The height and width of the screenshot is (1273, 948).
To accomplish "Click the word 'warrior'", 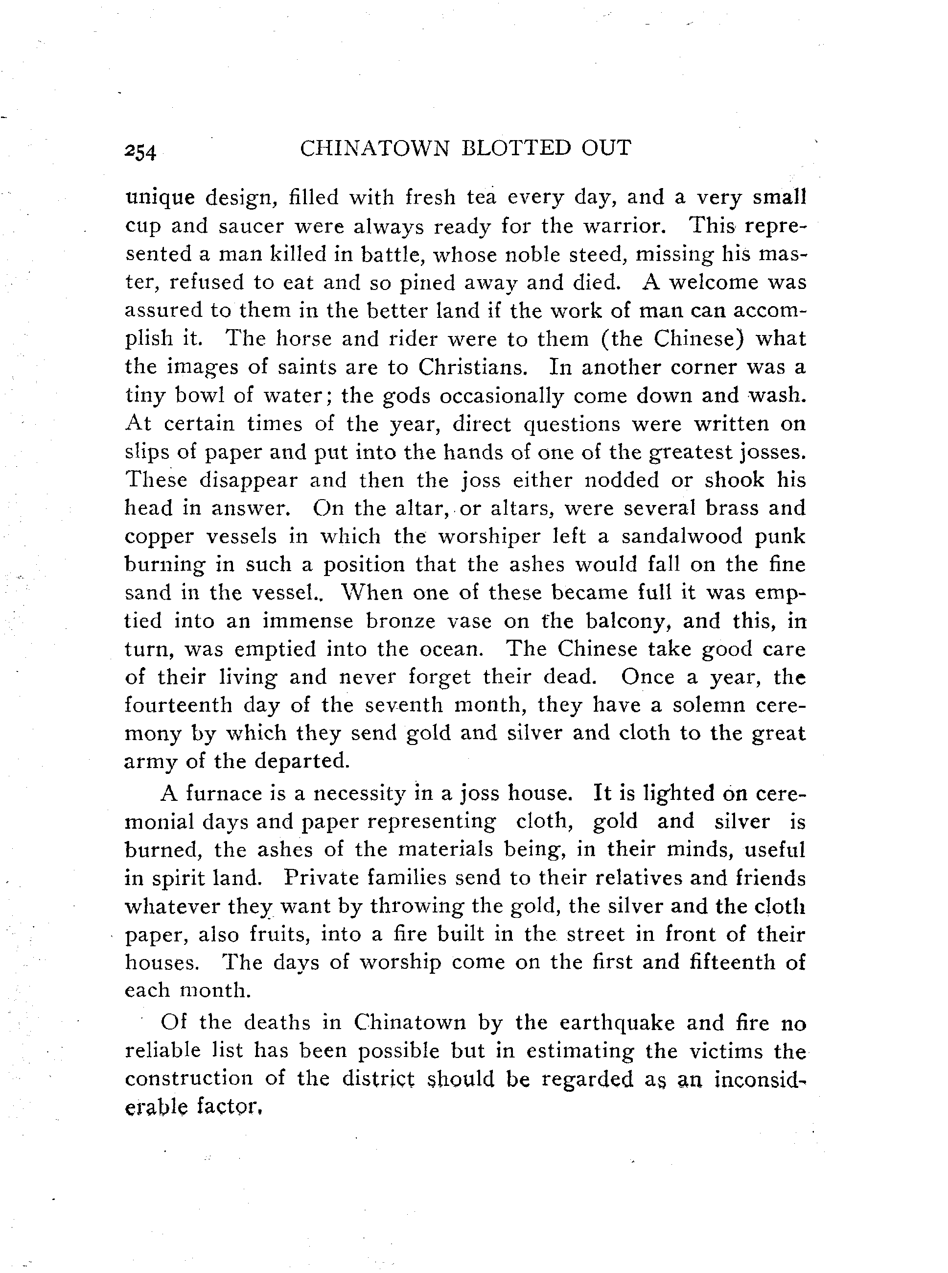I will pyautogui.click(x=624, y=226).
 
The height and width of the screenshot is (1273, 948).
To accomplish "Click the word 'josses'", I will pyautogui.click(x=773, y=453).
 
